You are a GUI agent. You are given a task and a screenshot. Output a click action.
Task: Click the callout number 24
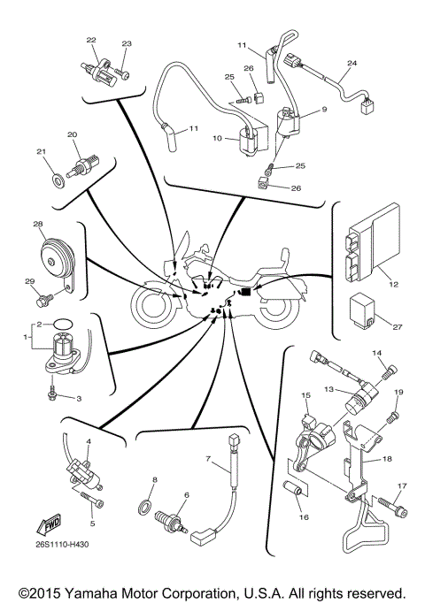352,64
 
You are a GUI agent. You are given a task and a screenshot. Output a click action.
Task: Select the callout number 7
208,459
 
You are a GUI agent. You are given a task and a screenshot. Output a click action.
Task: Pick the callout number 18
387,460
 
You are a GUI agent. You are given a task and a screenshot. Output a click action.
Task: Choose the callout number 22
90,40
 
